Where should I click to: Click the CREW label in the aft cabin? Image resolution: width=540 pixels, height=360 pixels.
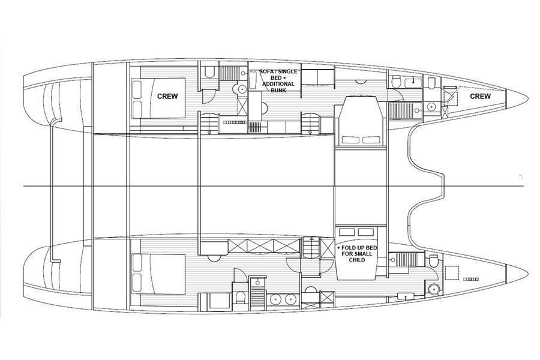(167, 96)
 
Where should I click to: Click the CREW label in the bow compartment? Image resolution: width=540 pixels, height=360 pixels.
(481, 96)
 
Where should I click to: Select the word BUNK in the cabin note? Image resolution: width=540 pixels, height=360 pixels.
(278, 90)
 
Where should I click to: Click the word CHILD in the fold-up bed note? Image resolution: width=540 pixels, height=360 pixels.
(357, 260)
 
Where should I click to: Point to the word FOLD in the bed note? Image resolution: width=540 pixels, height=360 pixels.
(349, 248)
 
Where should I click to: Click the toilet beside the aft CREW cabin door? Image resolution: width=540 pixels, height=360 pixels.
(209, 72)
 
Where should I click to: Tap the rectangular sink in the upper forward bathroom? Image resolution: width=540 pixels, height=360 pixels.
(412, 82)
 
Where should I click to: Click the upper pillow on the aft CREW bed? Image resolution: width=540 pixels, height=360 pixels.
(136, 88)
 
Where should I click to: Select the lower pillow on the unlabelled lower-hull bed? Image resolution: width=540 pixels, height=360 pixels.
(137, 283)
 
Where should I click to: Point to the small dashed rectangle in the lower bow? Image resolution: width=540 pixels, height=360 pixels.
(471, 279)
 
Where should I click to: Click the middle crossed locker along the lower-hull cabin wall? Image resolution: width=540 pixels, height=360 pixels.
(260, 246)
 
